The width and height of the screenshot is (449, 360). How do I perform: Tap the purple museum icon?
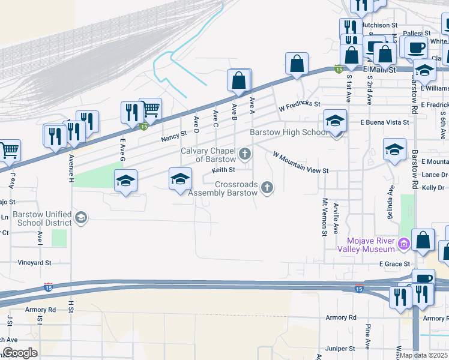[x=403, y=244]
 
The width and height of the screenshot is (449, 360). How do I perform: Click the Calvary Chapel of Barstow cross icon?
[x=244, y=155]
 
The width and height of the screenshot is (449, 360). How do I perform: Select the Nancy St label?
[x=174, y=138]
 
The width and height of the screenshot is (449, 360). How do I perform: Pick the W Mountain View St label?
[x=301, y=163]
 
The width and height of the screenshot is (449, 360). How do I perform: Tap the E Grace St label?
[x=394, y=264]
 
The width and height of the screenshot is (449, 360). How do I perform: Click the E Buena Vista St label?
[x=384, y=122]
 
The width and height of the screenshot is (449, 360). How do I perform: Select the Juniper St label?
[x=340, y=349]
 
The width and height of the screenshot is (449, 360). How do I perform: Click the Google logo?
[x=20, y=353]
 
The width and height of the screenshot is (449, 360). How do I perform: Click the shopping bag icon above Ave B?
[x=238, y=80]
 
